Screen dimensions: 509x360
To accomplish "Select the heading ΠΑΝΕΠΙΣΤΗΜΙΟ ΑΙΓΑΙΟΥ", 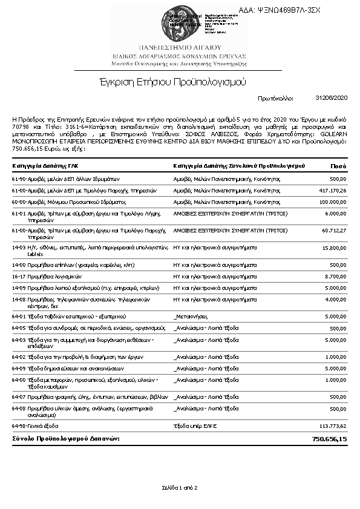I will tap(180, 47).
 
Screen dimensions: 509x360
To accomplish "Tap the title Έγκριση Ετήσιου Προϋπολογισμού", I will tap(180, 82).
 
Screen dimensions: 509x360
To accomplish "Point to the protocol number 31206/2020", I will tap(332, 97).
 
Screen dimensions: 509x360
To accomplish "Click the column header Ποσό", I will tap(338, 165).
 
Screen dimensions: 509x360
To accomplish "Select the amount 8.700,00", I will tap(335, 275).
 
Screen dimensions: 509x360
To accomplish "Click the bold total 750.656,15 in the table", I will tap(329, 438).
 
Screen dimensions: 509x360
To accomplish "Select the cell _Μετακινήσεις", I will tap(191, 316).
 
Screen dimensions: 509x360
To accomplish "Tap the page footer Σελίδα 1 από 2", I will tap(180, 487).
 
